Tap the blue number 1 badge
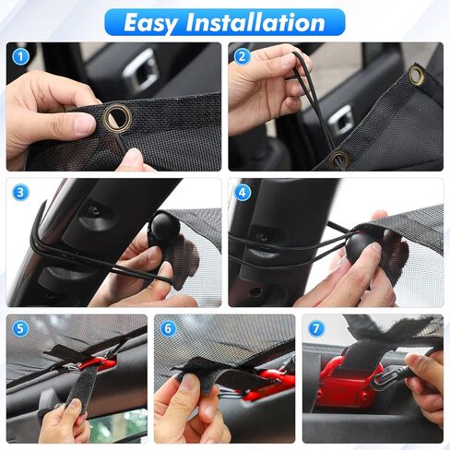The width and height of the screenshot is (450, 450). [x=19, y=56]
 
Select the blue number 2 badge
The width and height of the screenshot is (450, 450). [x=243, y=56]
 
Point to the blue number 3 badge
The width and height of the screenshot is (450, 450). [x=19, y=193]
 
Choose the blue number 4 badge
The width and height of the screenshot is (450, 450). [x=243, y=193]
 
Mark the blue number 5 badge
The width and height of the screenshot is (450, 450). [x=19, y=327]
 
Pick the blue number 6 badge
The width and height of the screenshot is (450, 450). [x=168, y=327]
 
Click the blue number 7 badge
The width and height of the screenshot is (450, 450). [x=316, y=327]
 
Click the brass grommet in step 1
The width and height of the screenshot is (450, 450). [x=117, y=116]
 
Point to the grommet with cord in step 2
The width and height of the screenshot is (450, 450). [x=339, y=159]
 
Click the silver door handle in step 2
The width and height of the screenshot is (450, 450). [x=342, y=118]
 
